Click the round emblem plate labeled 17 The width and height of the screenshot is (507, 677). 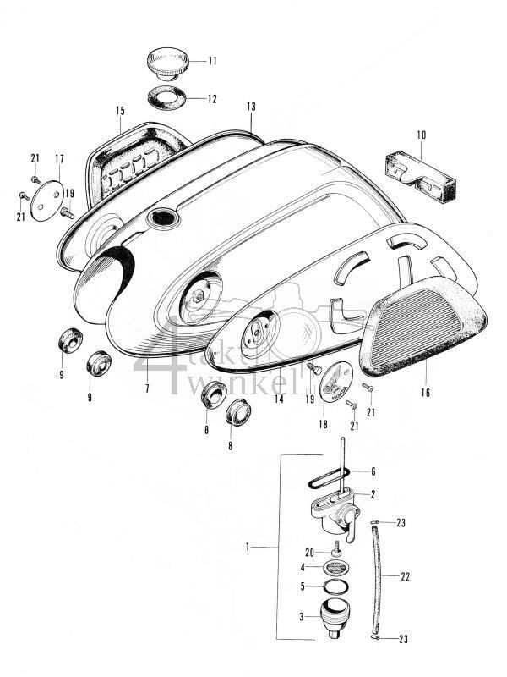(x=47, y=195)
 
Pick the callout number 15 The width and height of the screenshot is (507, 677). (x=120, y=112)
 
